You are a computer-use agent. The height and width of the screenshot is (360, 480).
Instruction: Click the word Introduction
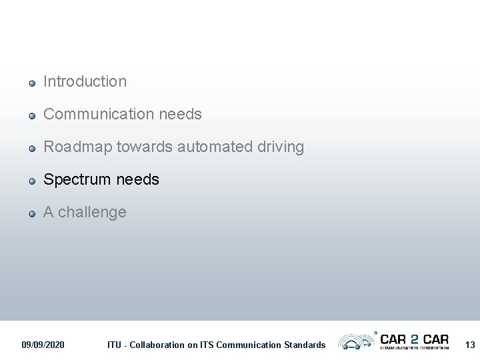pos(85,81)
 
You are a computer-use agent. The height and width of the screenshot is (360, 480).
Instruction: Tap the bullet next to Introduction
pos(31,83)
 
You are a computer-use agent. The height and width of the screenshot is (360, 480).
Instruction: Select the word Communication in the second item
pos(99,114)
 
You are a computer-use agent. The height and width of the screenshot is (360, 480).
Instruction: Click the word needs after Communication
pos(180,114)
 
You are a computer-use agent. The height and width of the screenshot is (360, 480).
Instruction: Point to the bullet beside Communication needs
pos(31,116)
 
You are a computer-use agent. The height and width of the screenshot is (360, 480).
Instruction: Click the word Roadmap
pos(77,147)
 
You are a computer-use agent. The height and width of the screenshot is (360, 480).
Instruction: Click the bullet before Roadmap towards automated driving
pos(31,149)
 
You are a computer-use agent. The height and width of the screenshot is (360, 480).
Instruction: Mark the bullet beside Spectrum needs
pos(31,181)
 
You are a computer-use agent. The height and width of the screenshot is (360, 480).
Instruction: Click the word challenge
pos(92,212)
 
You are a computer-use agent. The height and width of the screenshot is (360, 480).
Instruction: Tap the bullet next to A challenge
pos(31,214)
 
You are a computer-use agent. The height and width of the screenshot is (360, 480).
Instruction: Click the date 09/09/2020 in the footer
pos(43,345)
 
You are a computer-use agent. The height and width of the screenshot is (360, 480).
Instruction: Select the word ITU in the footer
pos(115,345)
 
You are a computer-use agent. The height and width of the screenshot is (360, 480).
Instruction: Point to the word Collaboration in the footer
pos(157,345)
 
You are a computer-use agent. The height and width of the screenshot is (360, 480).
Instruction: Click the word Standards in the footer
pos(303,345)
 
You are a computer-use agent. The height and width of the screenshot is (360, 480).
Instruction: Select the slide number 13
pos(470,345)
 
